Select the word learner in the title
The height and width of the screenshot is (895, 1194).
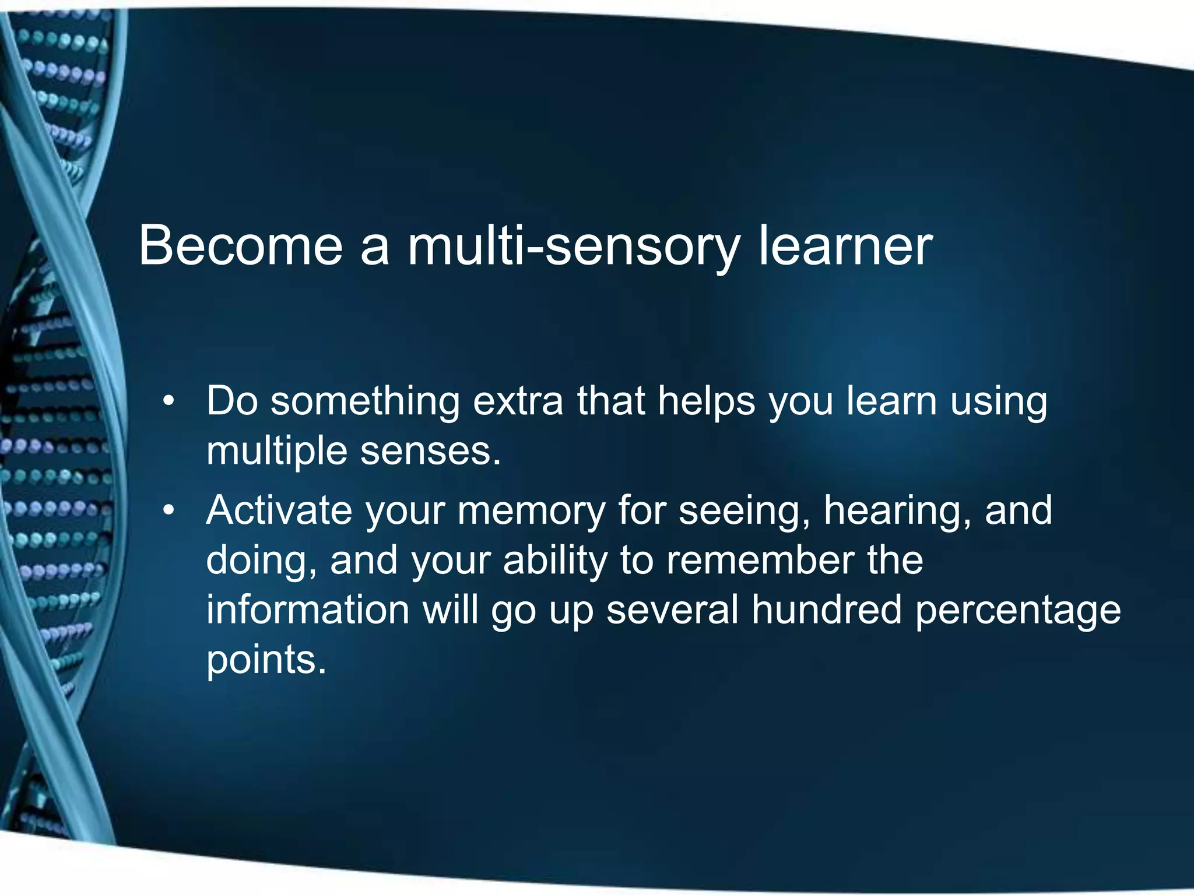click(x=845, y=246)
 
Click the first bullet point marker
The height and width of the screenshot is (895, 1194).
click(x=168, y=401)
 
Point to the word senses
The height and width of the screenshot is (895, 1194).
click(x=430, y=452)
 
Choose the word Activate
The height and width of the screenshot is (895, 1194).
click(x=279, y=510)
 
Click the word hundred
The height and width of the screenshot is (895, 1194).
click(x=826, y=609)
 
